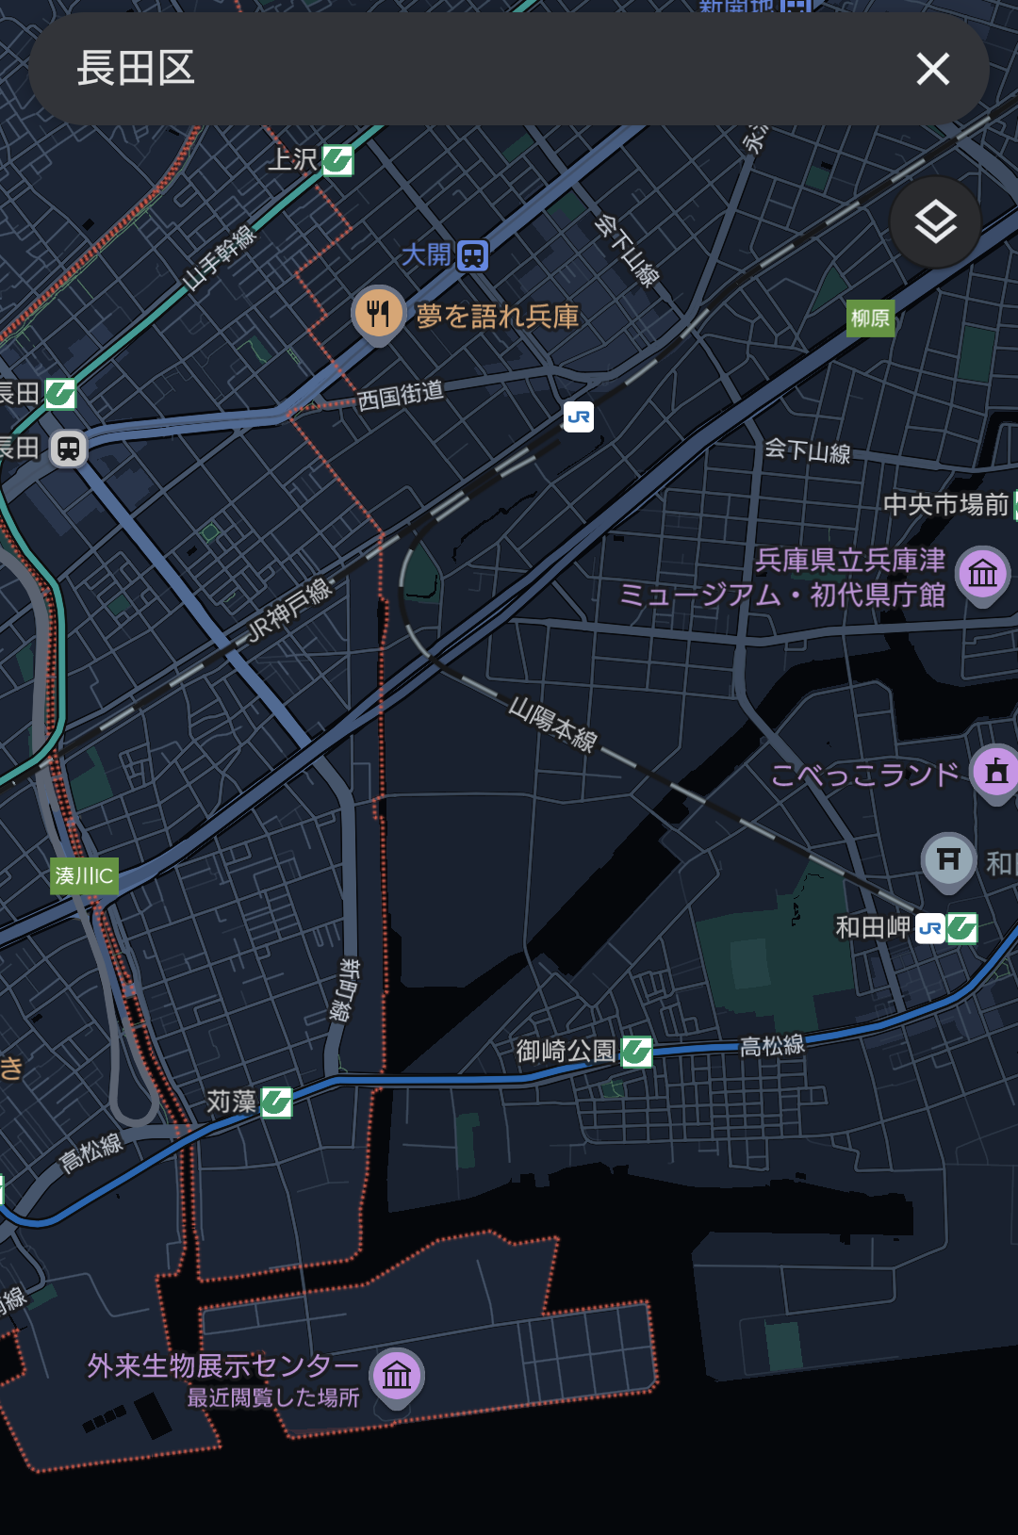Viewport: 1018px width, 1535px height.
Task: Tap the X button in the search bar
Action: [x=932, y=69]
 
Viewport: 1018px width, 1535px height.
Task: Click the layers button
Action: [x=935, y=222]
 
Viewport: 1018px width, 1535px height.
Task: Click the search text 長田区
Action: [x=136, y=69]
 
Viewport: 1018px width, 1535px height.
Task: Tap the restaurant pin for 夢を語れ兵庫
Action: [x=378, y=314]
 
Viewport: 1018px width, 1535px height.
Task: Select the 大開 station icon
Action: [x=472, y=255]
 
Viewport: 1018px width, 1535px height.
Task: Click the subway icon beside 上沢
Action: [x=337, y=160]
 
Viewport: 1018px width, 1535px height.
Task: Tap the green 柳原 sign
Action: [x=870, y=318]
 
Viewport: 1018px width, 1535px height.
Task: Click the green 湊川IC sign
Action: [x=84, y=875]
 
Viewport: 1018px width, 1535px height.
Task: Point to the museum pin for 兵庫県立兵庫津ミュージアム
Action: [x=982, y=572]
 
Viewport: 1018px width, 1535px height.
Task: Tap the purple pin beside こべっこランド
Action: [x=995, y=772]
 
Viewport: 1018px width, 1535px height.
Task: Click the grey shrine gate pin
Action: [x=948, y=859]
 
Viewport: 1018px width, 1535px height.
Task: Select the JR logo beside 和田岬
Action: [x=929, y=928]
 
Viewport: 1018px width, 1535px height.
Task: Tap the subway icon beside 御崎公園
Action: [x=637, y=1051]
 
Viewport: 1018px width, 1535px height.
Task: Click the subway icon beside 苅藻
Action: [x=276, y=1102]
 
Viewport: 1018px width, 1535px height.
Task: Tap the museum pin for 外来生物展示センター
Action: [x=397, y=1376]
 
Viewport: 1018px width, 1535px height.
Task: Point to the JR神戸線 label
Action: [x=289, y=612]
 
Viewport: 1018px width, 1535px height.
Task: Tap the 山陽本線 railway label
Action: [x=553, y=725]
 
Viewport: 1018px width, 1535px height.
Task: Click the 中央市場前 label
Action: [x=944, y=505]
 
